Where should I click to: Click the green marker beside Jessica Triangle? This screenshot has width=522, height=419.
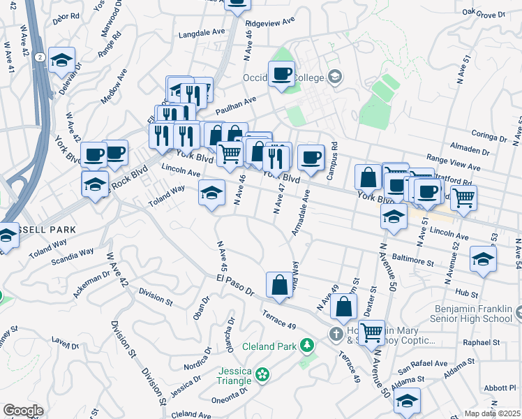(262, 375)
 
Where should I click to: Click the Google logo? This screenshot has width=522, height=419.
(23, 411)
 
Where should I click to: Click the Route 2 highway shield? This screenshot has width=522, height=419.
(41, 57)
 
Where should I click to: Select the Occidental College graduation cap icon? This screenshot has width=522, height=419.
(335, 76)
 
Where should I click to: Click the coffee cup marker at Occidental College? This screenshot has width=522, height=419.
(282, 75)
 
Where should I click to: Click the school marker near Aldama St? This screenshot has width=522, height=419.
(407, 401)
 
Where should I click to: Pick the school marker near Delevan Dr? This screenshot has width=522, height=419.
(62, 61)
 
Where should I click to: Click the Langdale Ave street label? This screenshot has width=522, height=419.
(202, 32)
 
